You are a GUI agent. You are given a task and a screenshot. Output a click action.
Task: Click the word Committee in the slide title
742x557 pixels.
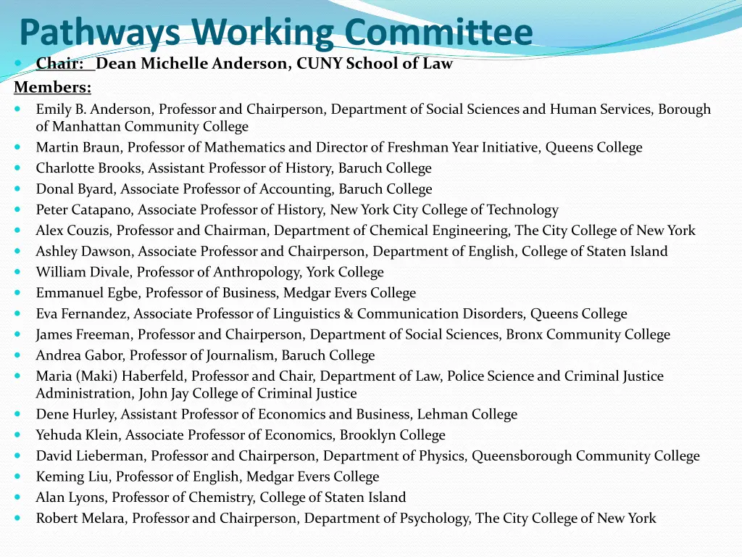click(x=438, y=33)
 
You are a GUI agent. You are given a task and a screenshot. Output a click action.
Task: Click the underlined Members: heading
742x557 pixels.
click(x=53, y=87)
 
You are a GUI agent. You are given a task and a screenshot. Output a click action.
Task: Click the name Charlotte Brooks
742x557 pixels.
click(x=90, y=168)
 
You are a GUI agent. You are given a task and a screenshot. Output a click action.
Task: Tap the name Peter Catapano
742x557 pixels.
click(x=85, y=210)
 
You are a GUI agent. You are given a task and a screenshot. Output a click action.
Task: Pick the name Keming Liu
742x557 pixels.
click(x=73, y=477)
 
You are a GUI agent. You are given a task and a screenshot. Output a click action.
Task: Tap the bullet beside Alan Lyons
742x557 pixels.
click(x=18, y=498)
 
